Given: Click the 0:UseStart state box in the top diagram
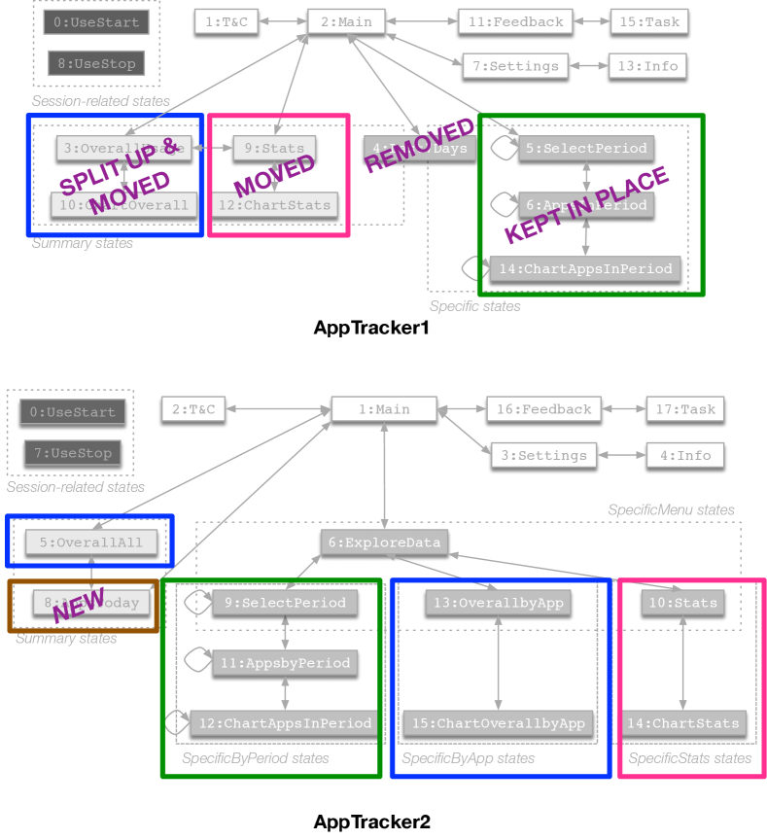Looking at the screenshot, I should click(x=96, y=21).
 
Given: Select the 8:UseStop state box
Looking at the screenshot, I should click(x=96, y=64).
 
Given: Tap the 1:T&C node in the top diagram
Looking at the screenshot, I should click(x=227, y=21).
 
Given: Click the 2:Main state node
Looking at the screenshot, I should click(x=346, y=21).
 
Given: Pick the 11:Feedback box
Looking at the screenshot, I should click(x=515, y=21).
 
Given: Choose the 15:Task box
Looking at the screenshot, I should click(x=649, y=21).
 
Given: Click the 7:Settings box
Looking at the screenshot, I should click(x=515, y=66).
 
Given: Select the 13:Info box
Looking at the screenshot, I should click(x=647, y=66).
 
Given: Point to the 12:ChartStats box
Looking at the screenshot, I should click(x=275, y=205).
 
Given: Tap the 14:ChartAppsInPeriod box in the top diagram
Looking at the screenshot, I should click(x=585, y=269).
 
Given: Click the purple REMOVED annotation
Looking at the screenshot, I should click(x=419, y=146).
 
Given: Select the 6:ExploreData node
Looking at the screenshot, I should click(x=384, y=542).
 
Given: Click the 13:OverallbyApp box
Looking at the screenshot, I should click(x=498, y=603).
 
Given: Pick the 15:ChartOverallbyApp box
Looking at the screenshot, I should click(x=498, y=723).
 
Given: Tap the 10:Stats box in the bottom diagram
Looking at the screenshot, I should click(x=682, y=603).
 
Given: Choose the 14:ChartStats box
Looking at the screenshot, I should click(x=682, y=723).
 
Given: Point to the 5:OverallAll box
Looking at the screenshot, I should click(x=91, y=542).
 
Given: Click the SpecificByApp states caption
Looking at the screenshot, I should click(x=468, y=758).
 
